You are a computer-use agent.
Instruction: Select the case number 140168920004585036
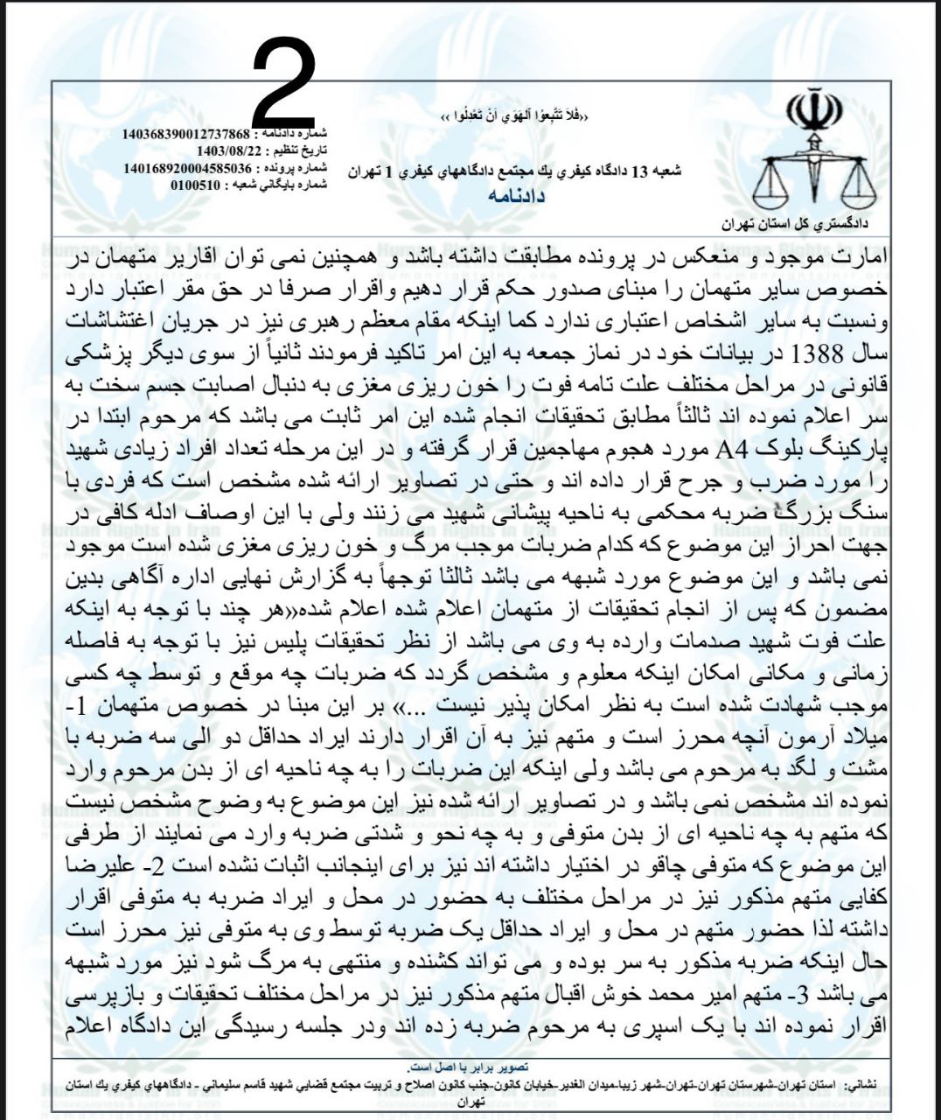point(187,168)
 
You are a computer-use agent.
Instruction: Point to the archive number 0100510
point(196,185)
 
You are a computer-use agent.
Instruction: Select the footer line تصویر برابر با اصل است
point(471,1068)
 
